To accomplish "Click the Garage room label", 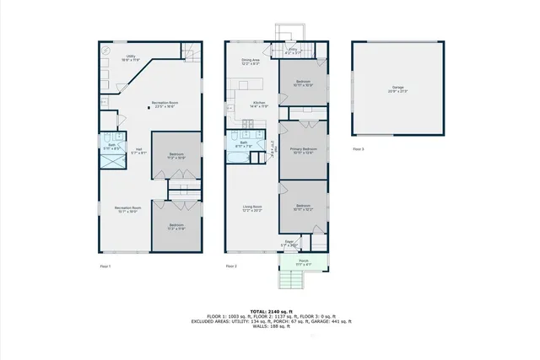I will coord(397,89).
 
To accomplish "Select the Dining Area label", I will coord(251,62).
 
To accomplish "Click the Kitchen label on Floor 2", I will coord(257,105).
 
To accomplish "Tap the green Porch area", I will coord(302,264).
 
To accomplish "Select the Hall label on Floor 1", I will coord(137,152).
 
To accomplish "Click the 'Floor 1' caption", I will coord(105,266).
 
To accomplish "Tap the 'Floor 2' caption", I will coord(230,266).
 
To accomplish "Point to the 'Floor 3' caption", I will coord(359,149).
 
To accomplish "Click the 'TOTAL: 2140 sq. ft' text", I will coord(270,310).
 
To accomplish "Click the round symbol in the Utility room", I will coord(107,51).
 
